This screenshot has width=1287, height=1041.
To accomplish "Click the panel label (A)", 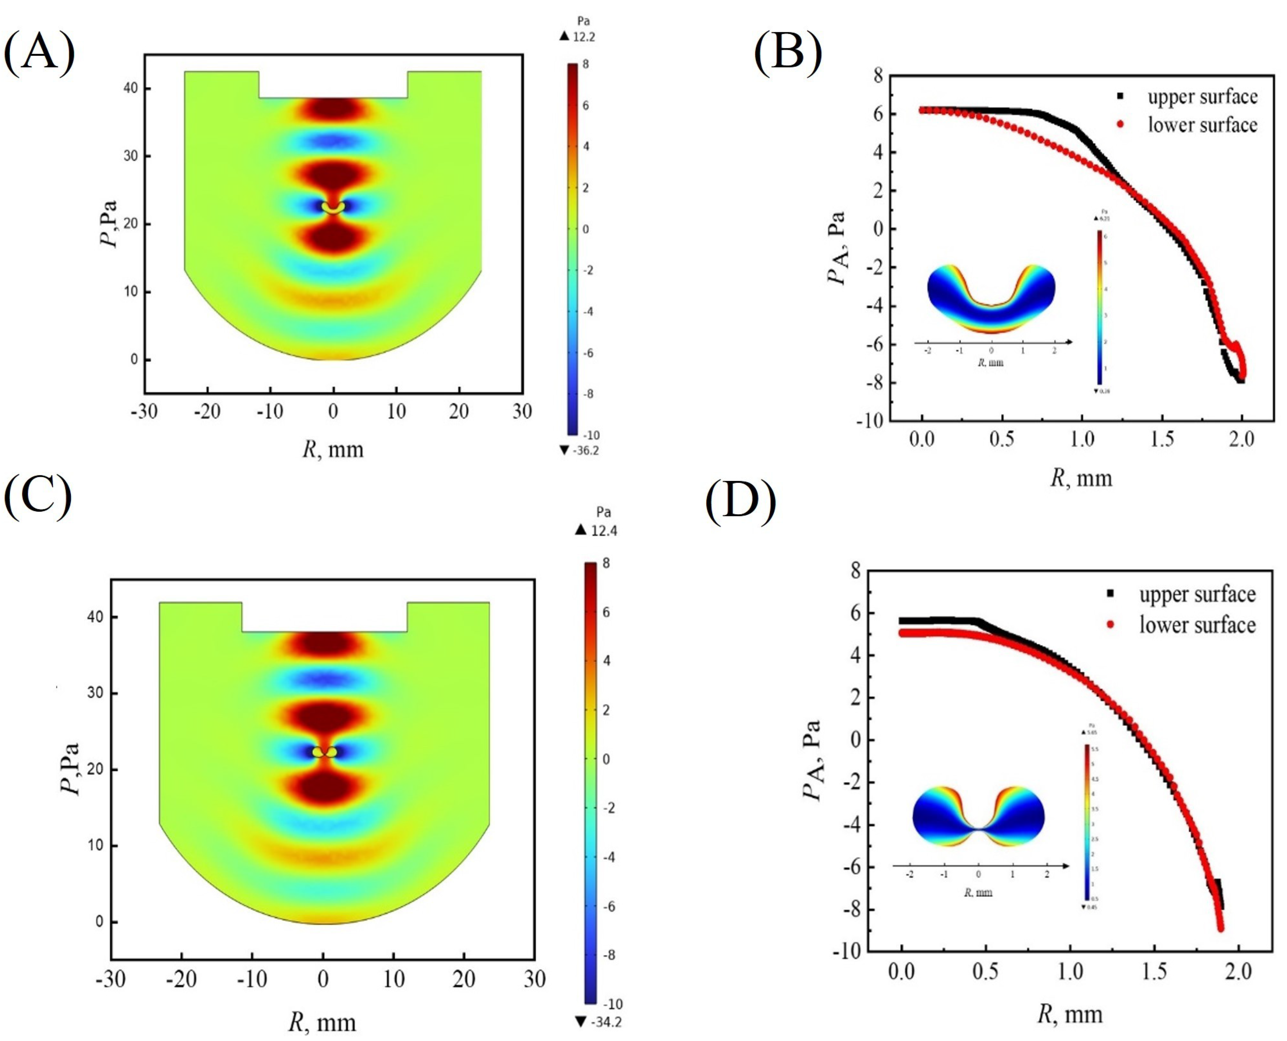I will tap(40, 53).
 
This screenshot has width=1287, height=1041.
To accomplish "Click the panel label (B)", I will tap(787, 53).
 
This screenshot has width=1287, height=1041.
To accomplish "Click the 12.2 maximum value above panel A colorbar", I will tap(583, 37).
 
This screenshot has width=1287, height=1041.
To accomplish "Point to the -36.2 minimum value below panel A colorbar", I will tap(585, 450).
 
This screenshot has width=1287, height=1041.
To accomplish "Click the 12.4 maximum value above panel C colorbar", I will tap(603, 530).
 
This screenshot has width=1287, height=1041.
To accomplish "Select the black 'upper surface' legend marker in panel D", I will tap(1110, 594).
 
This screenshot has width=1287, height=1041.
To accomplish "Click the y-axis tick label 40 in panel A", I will tap(130, 88).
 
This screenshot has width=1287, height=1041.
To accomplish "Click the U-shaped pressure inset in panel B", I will tap(991, 299).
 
